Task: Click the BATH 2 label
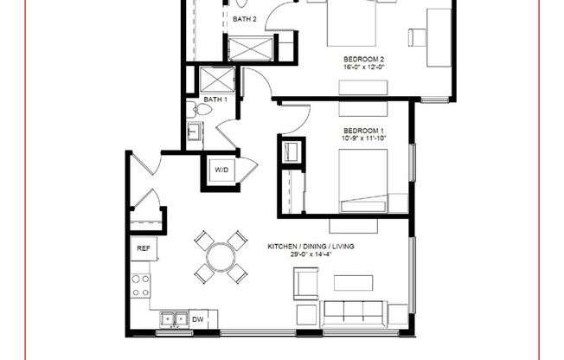click(242, 19)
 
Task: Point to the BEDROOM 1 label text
click(362, 131)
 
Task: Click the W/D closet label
click(221, 170)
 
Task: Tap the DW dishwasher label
click(198, 320)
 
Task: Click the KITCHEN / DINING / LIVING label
click(312, 247)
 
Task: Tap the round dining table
click(221, 256)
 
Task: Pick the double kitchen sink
click(173, 320)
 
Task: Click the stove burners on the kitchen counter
click(139, 286)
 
